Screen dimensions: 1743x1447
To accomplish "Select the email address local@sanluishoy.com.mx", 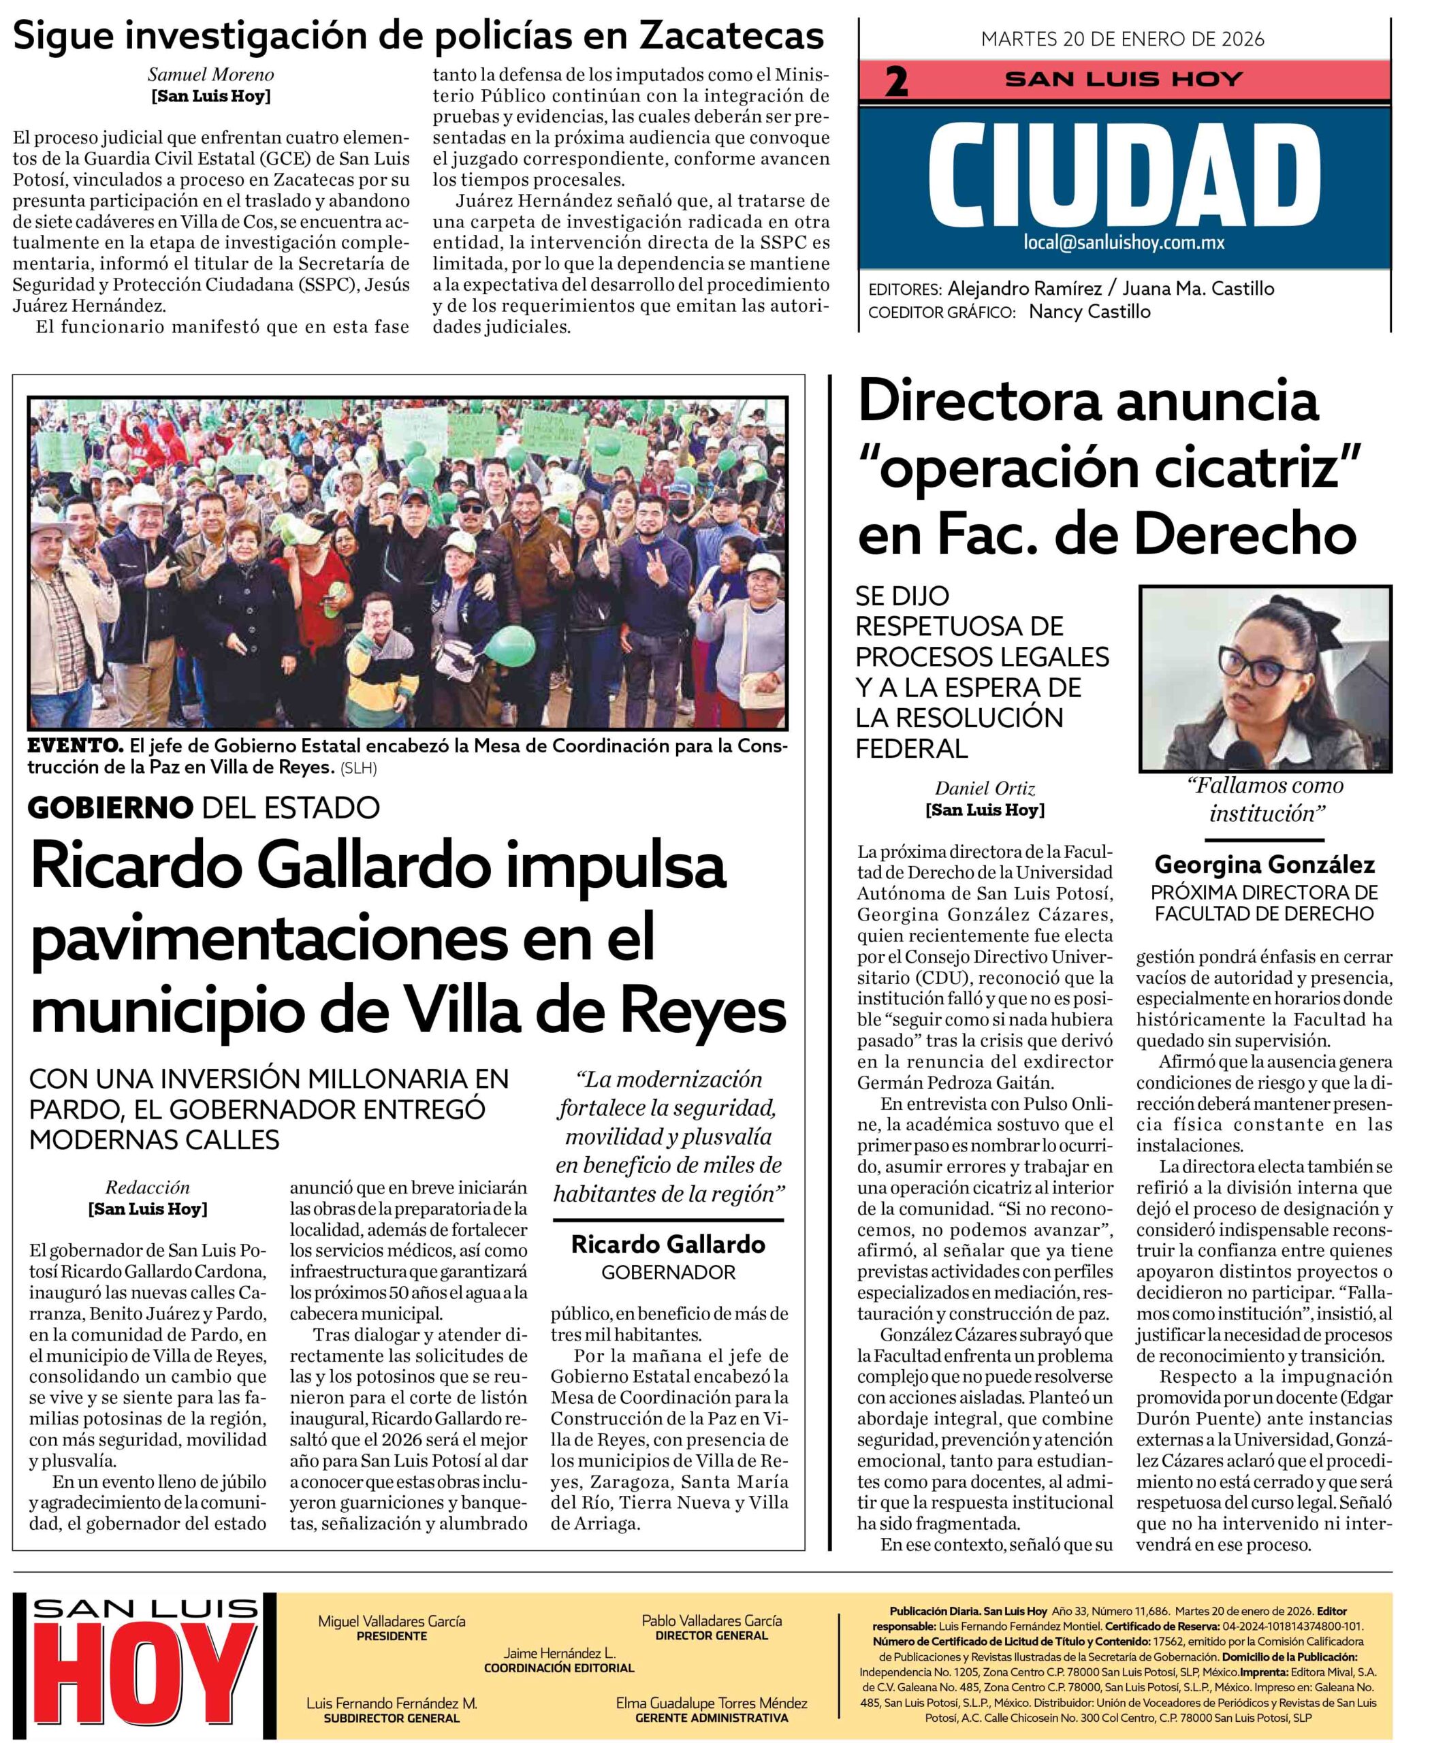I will coord(1124,242).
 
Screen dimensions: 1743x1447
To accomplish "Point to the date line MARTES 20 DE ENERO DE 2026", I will coord(1122,39).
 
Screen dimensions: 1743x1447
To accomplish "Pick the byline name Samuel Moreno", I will coord(211,75).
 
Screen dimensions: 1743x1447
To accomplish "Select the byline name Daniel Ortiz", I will coord(985,788).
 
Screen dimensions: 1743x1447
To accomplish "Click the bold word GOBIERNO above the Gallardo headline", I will coord(110,807).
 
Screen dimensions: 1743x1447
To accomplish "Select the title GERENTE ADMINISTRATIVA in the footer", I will coord(712,1717).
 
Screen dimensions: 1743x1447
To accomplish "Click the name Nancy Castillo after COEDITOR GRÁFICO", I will coord(1090,312).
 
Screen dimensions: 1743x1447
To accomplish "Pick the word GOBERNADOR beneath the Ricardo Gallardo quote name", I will coord(668,1273).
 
